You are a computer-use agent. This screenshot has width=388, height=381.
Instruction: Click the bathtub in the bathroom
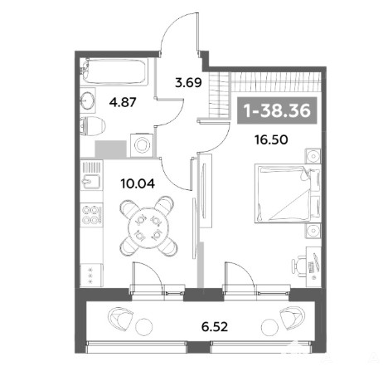pyautogui.click(x=114, y=71)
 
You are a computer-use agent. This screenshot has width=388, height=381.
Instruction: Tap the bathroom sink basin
pyautogui.click(x=88, y=100)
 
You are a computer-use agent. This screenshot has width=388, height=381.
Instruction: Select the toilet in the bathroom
pyautogui.click(x=93, y=127)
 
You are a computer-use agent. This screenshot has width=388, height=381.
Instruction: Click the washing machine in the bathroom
pyautogui.click(x=142, y=144)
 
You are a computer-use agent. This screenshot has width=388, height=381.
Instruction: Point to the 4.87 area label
pyautogui.click(x=123, y=102)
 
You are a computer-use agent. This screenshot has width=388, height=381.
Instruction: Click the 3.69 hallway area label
pyautogui.click(x=188, y=82)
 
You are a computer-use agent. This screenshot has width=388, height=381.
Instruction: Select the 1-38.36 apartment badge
pyautogui.click(x=277, y=110)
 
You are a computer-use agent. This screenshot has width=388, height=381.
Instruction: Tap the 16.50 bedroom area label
pyautogui.click(x=271, y=140)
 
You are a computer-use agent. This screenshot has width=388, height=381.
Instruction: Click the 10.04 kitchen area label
pyautogui.click(x=138, y=183)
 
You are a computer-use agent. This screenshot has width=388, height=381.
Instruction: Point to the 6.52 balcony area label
pyautogui.click(x=215, y=327)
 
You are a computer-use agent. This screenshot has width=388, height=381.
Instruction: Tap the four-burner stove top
pyautogui.click(x=91, y=214)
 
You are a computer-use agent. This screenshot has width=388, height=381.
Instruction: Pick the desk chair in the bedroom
pyautogui.click(x=298, y=266)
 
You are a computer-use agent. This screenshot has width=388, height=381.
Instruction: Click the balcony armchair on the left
pyautogui.click(x=120, y=318)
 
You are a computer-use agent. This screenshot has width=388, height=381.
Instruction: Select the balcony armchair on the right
pyautogui.click(x=293, y=318)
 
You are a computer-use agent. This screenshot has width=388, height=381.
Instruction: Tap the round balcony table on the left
pyautogui.click(x=144, y=327)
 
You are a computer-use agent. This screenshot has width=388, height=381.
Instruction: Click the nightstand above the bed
pyautogui.click(x=313, y=156)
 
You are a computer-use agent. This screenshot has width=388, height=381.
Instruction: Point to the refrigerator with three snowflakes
pyautogui.click(x=91, y=275)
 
